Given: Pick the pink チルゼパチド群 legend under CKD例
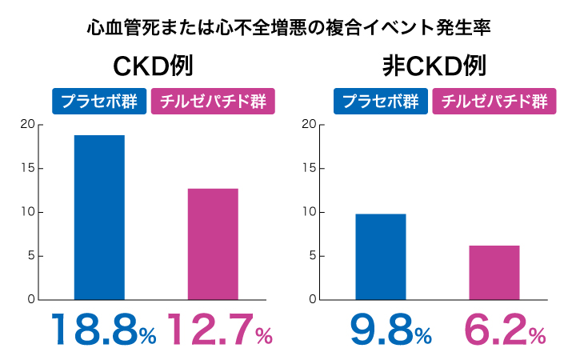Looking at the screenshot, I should pos(214,102).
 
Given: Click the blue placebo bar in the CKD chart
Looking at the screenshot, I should pos(99,218).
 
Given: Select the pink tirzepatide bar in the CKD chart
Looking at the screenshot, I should pos(213,244).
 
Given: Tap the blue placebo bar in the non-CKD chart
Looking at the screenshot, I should pos(381,257).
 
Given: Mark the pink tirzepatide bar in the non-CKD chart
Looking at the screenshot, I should pos(494,273).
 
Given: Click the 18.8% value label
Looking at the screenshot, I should pos(103,329).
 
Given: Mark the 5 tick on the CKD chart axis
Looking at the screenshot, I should pos(30,257).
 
